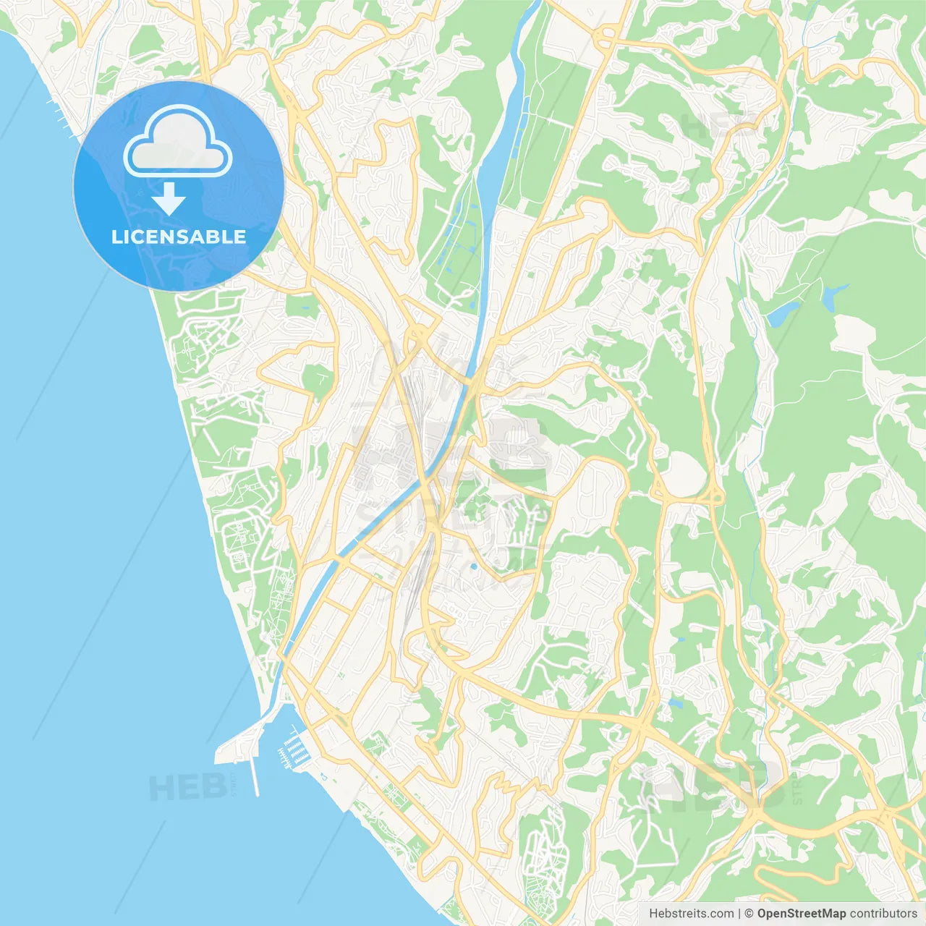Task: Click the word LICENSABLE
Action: click(179, 237)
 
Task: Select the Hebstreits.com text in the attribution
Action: click(691, 914)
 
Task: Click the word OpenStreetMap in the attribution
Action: click(802, 914)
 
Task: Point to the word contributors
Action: click(883, 914)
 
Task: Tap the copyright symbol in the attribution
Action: click(749, 914)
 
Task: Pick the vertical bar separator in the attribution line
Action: click(739, 914)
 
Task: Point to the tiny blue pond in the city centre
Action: click(473, 566)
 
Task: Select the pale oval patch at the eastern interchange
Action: click(684, 475)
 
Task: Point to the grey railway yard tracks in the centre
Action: click(414, 405)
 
